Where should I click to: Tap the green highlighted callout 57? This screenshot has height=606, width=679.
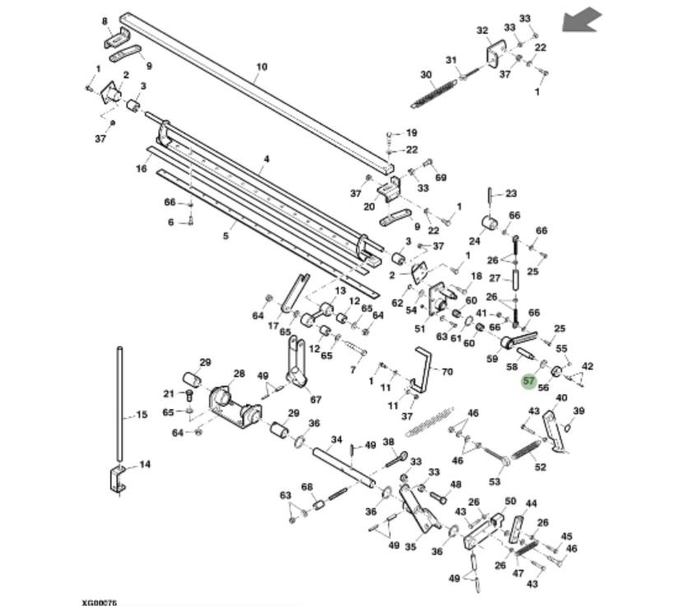[528, 382]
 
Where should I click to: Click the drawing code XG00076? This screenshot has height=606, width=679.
[99, 602]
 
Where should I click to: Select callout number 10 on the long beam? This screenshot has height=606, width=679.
[262, 68]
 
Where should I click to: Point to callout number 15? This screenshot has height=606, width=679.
[142, 414]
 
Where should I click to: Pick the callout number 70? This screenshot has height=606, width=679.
[447, 371]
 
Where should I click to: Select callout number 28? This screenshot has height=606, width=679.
[239, 374]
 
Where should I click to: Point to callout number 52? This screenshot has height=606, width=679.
[540, 467]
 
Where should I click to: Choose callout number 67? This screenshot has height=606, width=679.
[315, 399]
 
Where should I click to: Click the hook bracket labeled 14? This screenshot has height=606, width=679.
[118, 478]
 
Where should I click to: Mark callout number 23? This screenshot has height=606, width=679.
[511, 193]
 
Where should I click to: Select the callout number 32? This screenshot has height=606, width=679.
[482, 30]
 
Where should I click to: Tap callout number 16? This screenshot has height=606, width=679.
[141, 168]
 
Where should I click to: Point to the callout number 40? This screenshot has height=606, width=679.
[561, 399]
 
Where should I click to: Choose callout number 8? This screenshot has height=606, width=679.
[105, 21]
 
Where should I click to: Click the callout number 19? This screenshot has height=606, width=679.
[412, 133]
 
